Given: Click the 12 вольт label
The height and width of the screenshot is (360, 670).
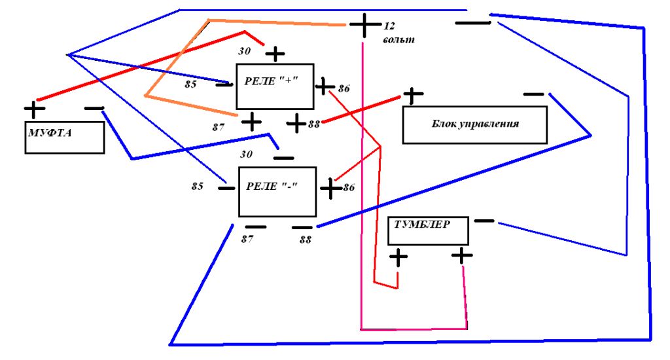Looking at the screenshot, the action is click(x=398, y=33).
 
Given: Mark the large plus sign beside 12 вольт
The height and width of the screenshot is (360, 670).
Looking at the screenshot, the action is click(x=364, y=25).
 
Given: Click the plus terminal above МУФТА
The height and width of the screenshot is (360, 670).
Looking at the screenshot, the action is click(x=35, y=109).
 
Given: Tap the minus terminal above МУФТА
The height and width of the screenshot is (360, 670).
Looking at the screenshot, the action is click(x=94, y=109).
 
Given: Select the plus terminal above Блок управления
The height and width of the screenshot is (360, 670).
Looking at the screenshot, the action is click(x=412, y=96).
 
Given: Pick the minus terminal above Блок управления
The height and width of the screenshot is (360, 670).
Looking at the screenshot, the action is click(x=534, y=94).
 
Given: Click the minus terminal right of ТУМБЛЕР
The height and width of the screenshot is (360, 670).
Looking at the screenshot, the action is click(x=484, y=221).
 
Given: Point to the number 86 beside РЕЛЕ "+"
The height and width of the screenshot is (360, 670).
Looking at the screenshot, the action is click(x=344, y=88).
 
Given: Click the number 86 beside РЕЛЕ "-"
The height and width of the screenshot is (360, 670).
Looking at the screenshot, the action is click(x=349, y=187).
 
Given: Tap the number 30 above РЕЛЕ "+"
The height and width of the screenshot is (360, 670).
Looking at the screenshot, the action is click(x=245, y=51).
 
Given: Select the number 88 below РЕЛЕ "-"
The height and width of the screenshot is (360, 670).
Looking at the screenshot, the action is click(x=305, y=240).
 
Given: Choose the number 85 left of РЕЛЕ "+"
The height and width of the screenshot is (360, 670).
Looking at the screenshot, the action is click(x=190, y=84).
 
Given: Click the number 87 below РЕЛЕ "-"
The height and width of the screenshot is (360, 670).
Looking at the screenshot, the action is click(x=247, y=239).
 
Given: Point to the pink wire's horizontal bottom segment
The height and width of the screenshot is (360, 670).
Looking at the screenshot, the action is click(x=414, y=329).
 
